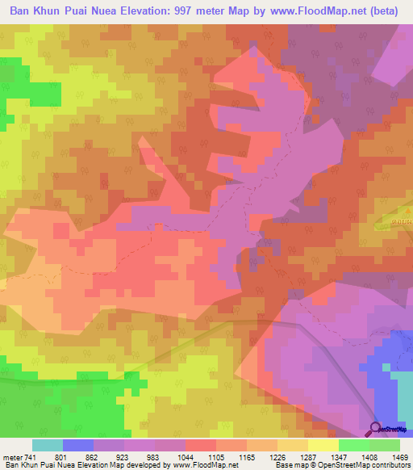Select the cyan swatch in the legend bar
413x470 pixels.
(48, 445)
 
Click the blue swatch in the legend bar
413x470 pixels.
(78, 445)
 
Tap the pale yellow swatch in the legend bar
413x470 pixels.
(323, 445)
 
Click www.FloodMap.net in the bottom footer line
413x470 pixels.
(200, 465)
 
